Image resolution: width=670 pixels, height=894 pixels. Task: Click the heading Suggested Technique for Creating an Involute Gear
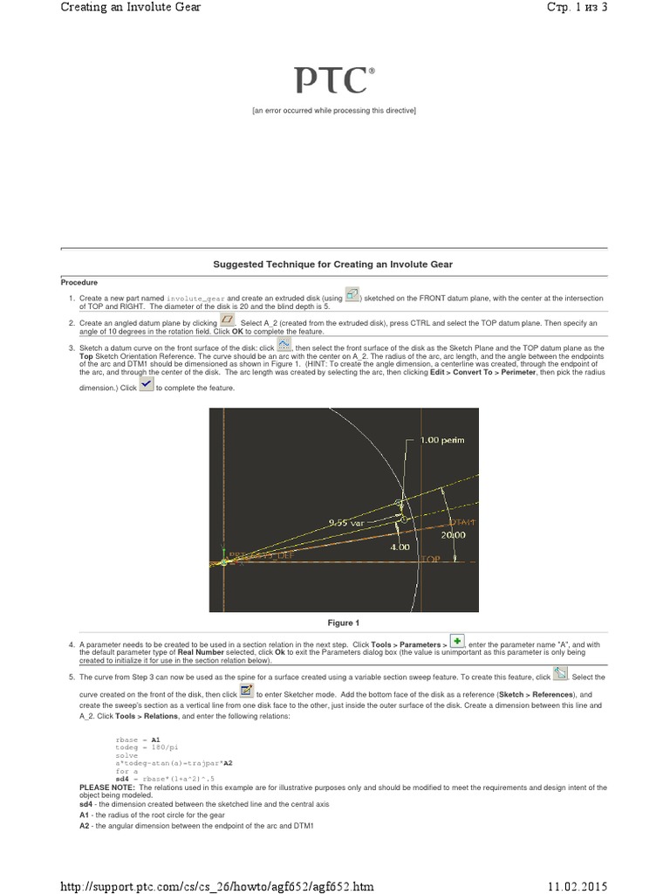[333, 264]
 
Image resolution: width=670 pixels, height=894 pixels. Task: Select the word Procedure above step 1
[79, 282]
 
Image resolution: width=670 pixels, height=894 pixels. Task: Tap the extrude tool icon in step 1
[352, 295]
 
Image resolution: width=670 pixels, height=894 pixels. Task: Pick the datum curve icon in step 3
[284, 345]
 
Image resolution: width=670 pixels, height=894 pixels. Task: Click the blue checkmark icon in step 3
[147, 385]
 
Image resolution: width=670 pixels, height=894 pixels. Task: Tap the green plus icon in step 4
[457, 640]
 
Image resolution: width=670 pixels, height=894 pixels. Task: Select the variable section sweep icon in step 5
[560, 673]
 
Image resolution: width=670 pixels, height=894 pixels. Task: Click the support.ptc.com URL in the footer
[216, 886]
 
